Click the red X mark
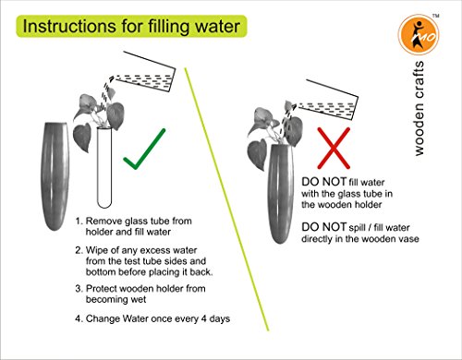(x=334, y=148)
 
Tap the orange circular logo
(x=419, y=35)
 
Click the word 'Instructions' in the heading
(x=69, y=27)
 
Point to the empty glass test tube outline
(x=104, y=167)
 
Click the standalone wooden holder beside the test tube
(x=55, y=176)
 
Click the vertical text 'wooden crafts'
(x=419, y=108)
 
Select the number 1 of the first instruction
(x=79, y=221)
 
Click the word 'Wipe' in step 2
(x=95, y=250)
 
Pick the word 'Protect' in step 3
(x=101, y=289)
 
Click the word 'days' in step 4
(x=220, y=318)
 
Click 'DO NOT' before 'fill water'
(x=323, y=182)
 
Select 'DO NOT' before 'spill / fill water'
(x=323, y=227)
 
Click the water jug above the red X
(x=327, y=99)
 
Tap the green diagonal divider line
(x=226, y=199)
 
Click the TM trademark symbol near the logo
(x=435, y=16)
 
